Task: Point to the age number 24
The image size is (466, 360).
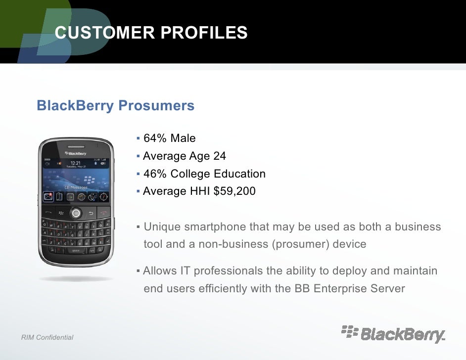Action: coord(219,156)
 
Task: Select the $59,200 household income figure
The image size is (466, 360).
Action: coord(234,191)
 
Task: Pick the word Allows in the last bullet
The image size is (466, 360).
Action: coord(159,271)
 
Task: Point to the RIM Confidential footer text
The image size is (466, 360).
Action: coord(47,338)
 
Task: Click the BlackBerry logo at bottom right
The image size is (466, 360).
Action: coord(393,334)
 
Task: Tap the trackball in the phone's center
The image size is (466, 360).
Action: coord(76,213)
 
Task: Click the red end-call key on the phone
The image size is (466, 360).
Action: coord(102,213)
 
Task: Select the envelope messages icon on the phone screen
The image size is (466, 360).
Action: coord(48,196)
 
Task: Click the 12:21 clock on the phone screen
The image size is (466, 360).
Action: coord(76,163)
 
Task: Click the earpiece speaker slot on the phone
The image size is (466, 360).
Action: coord(75,146)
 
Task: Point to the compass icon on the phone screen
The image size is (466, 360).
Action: coord(103,196)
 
